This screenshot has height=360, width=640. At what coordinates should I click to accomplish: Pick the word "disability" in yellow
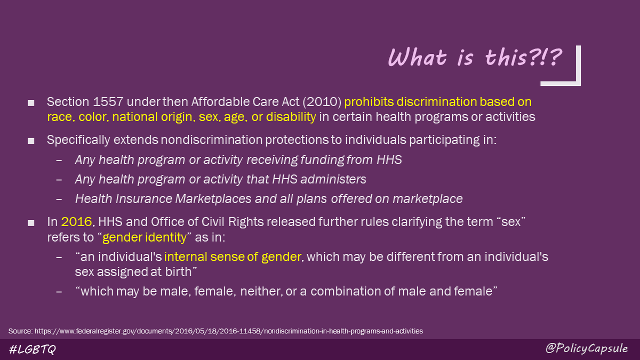pos(291,117)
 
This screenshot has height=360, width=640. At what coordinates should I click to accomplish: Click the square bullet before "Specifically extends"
pos(31,141)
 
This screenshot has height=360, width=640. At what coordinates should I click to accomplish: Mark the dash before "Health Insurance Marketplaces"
pos(60,199)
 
